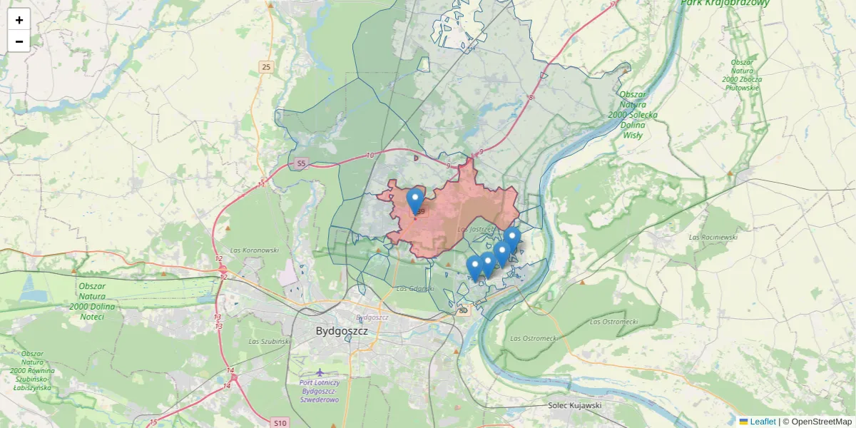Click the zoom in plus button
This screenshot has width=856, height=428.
[x=19, y=20]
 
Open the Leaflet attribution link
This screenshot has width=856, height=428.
[x=762, y=422]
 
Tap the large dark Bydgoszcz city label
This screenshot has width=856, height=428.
[x=342, y=331]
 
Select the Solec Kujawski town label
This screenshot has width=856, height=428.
[x=575, y=405]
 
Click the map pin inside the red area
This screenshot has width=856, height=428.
[x=414, y=200]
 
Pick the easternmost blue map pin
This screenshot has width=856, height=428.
[x=511, y=238]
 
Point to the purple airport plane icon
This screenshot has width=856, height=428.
[x=320, y=372]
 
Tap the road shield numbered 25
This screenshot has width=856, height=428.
[x=266, y=67]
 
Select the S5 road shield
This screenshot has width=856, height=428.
[x=300, y=163]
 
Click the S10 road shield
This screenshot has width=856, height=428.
[x=280, y=423]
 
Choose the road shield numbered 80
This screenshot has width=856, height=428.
[x=464, y=310]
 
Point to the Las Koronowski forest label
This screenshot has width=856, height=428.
[x=254, y=250]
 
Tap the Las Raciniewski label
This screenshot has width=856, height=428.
[x=713, y=236]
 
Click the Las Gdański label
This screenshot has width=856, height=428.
[x=414, y=288]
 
